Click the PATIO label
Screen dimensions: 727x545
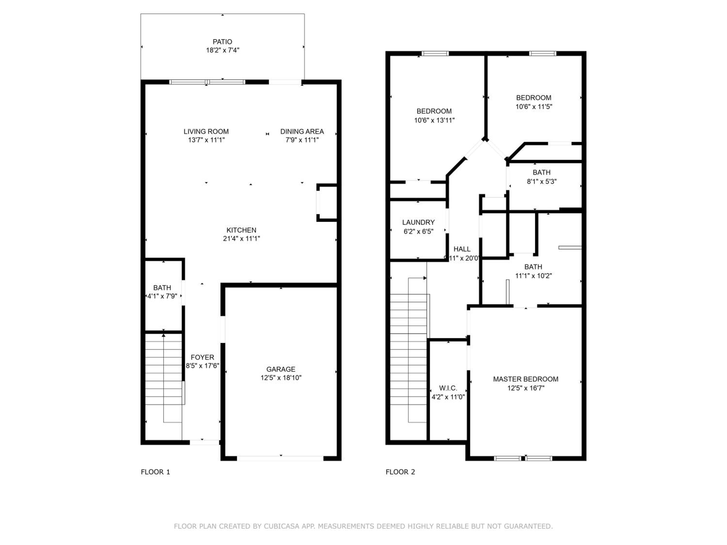point(222,42)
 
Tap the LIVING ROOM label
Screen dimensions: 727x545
point(206,131)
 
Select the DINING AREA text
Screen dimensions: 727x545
point(302,131)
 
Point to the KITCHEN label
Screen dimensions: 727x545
point(241,230)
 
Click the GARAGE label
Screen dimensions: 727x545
point(281,369)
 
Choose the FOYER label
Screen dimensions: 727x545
point(202,357)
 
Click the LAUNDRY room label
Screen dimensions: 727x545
point(418,222)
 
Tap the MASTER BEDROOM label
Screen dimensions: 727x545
point(526,379)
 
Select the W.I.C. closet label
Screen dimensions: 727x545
point(448,388)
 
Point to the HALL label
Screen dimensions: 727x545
point(462,249)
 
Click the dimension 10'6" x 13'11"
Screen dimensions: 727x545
point(434,120)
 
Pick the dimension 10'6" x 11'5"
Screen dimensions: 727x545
point(534,106)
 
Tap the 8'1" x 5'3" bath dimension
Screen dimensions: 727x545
point(542,181)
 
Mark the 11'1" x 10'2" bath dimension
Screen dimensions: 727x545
point(533,276)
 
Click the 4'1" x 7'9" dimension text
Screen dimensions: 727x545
point(162,296)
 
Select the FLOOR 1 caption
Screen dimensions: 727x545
point(156,472)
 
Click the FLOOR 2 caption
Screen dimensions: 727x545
point(400,472)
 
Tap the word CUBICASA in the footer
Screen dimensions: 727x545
point(282,526)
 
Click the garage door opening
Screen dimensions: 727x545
point(280,458)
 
